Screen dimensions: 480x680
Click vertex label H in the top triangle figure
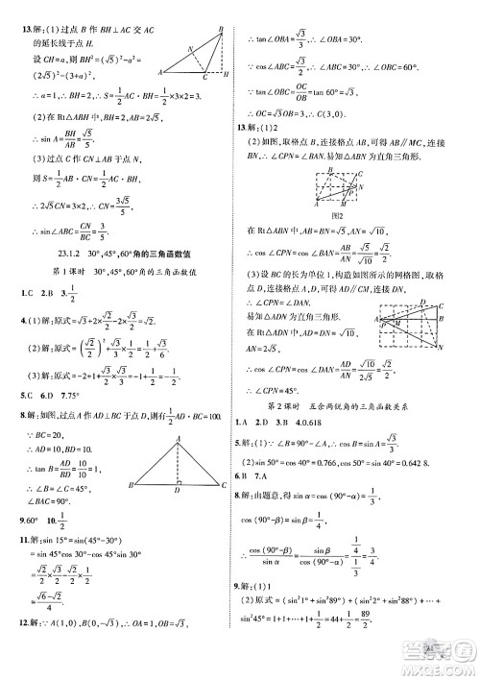tap(226, 79)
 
